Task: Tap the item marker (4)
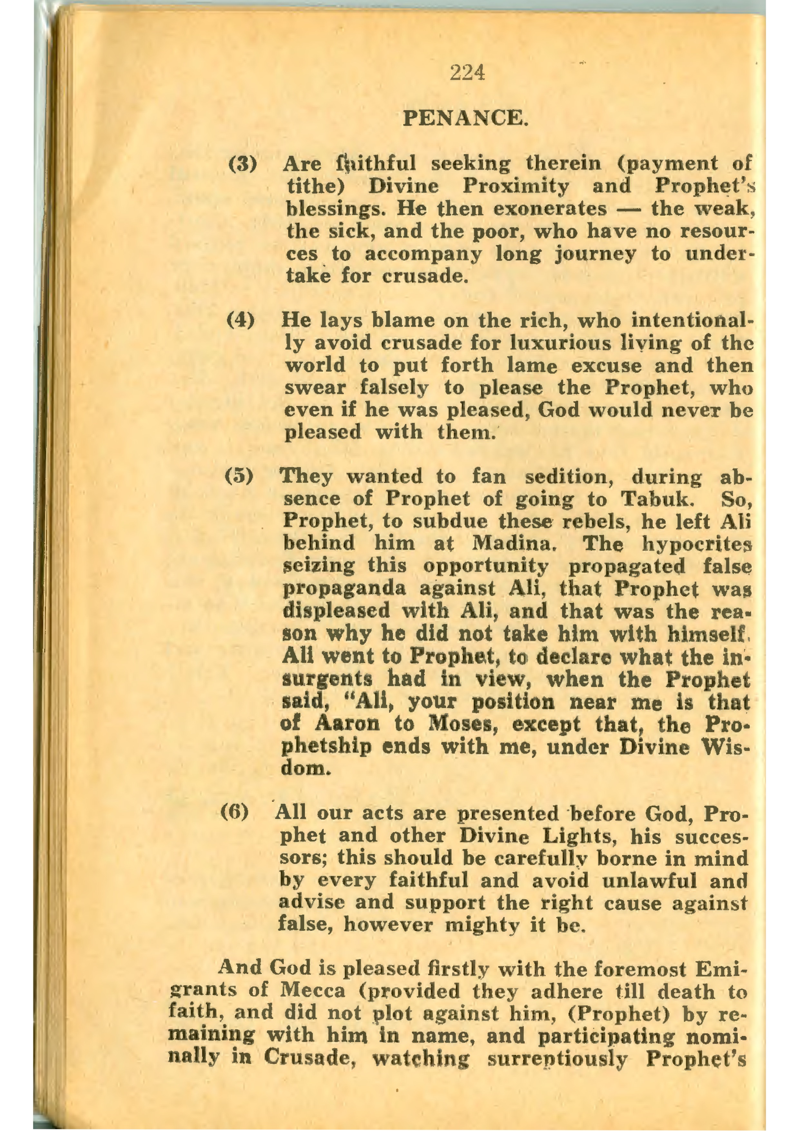241,321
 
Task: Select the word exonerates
550,209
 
